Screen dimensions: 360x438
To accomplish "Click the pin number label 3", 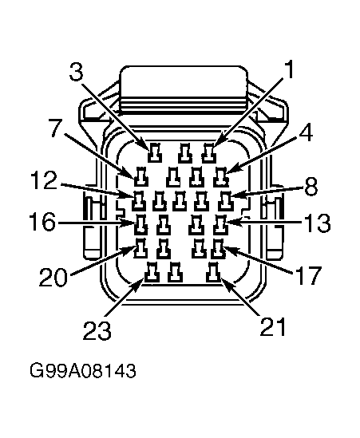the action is tap(77, 71).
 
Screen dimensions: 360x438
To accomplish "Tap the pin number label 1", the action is tap(289, 69).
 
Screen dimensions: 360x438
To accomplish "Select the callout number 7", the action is tap(56, 128).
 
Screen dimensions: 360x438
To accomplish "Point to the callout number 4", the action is tap(306, 132).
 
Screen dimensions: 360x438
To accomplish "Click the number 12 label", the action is tap(44, 180).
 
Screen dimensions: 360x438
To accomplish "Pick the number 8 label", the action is tap(311, 187).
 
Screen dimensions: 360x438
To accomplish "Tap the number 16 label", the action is tap(42, 222).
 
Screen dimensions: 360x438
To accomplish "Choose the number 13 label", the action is tap(317, 223).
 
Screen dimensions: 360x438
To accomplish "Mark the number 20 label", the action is tap(53, 277).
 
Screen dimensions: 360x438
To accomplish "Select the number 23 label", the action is tap(97, 330).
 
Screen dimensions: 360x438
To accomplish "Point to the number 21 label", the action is tap(273, 326).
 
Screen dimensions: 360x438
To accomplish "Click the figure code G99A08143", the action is tap(83, 371).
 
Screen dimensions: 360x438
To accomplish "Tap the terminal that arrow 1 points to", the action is tap(209, 153).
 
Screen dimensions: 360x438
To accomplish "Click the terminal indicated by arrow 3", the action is tap(155, 153).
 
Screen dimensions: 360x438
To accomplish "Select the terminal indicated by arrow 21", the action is tap(213, 273).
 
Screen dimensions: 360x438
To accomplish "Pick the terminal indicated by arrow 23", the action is tap(152, 272).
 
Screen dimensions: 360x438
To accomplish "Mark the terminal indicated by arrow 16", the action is tap(141, 225).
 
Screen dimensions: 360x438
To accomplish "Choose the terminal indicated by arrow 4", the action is tap(221, 177).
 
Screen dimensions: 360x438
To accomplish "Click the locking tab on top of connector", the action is tap(184, 90).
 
